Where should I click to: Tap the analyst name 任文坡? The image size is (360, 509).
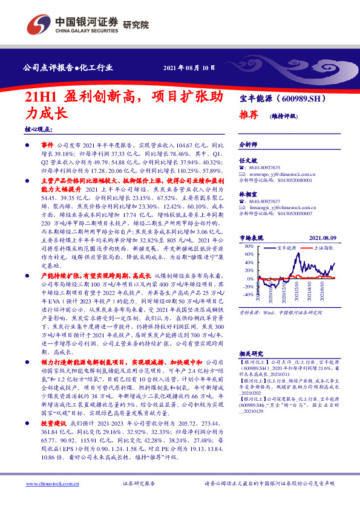point(249,160)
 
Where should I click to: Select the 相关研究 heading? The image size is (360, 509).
point(252,353)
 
